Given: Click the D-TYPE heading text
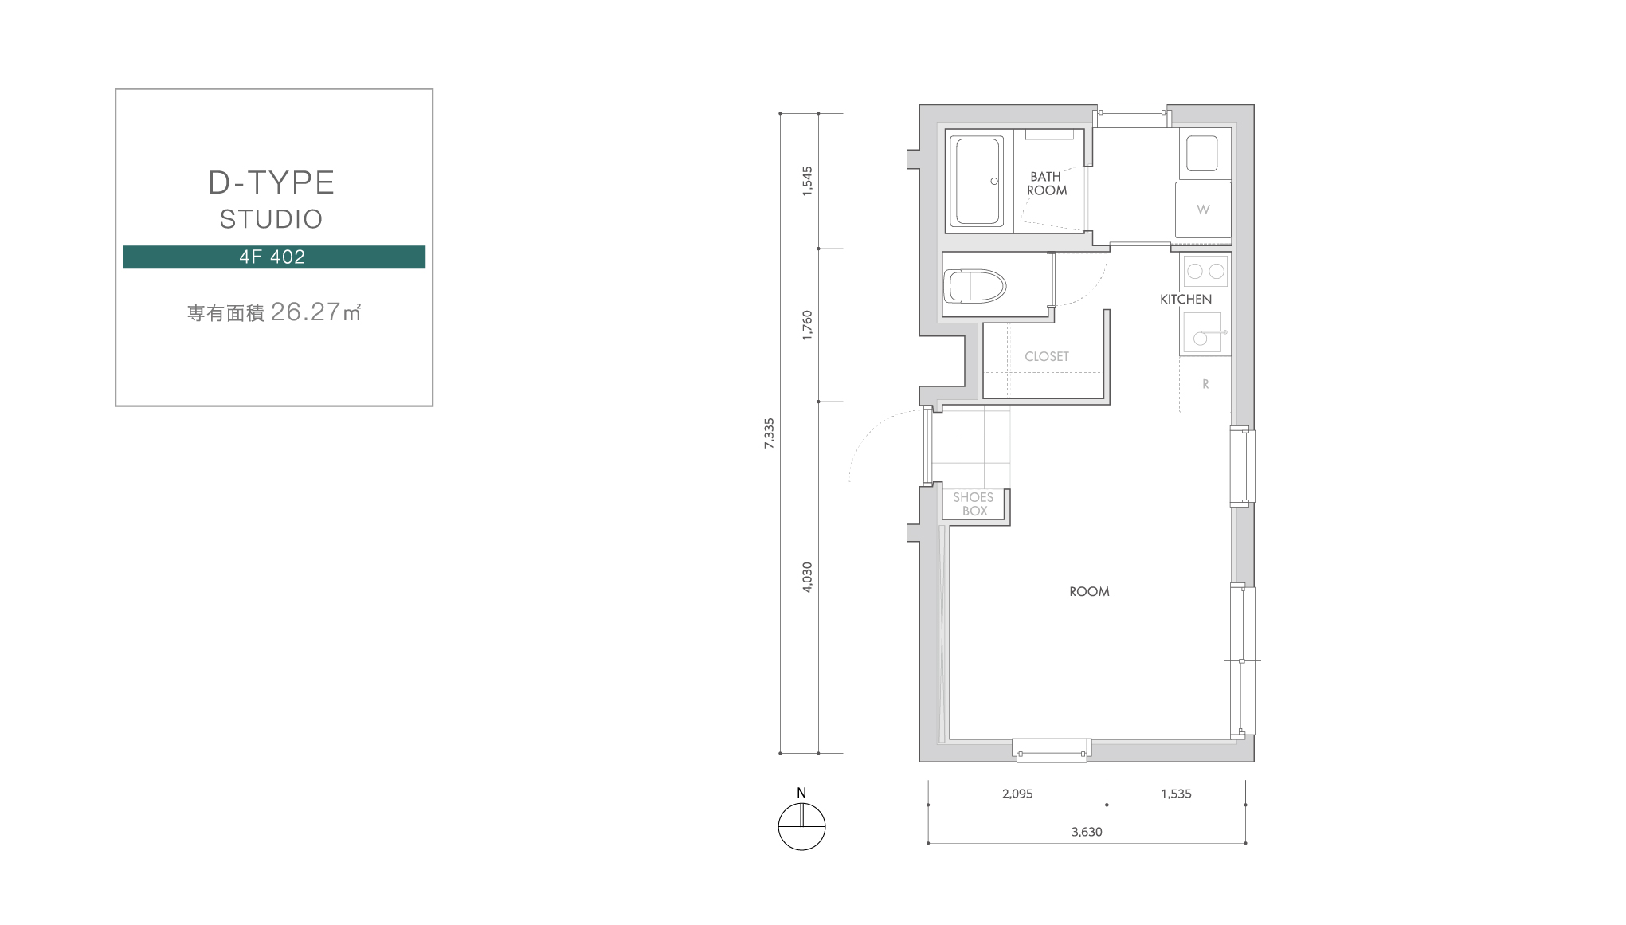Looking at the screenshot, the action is [x=271, y=182].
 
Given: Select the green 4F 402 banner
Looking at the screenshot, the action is [x=274, y=257].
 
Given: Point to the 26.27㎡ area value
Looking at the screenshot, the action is [x=316, y=312].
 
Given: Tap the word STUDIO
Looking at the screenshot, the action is [x=271, y=219].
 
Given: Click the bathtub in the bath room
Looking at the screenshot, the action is [x=979, y=182].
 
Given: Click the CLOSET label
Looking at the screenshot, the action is [x=1047, y=356].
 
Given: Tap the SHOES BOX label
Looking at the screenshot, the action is [x=974, y=504].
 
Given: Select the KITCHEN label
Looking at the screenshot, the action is [x=1185, y=300].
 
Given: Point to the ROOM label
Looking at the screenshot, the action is [x=1089, y=591].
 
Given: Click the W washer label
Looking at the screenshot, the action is [x=1203, y=210].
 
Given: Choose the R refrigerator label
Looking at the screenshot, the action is [x=1205, y=384].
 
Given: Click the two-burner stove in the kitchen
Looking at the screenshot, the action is [x=1205, y=272].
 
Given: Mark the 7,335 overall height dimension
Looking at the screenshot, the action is [x=769, y=433].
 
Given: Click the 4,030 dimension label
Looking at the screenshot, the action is [x=807, y=577].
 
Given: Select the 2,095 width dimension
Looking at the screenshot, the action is [x=1017, y=794].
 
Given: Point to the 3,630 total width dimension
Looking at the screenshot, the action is [x=1087, y=832].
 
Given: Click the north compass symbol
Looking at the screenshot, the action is [x=801, y=827].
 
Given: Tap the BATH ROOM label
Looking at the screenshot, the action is [x=1046, y=183].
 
